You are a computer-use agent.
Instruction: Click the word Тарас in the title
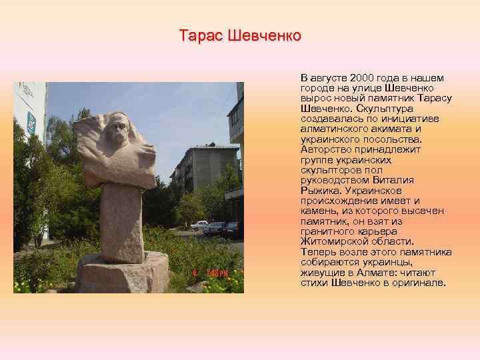click(x=201, y=35)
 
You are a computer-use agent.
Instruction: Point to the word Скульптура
click(x=385, y=108)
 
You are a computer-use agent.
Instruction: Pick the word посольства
click(x=388, y=139)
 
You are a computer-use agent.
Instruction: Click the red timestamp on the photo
click(x=214, y=273)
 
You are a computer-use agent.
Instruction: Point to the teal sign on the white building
click(x=31, y=122)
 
